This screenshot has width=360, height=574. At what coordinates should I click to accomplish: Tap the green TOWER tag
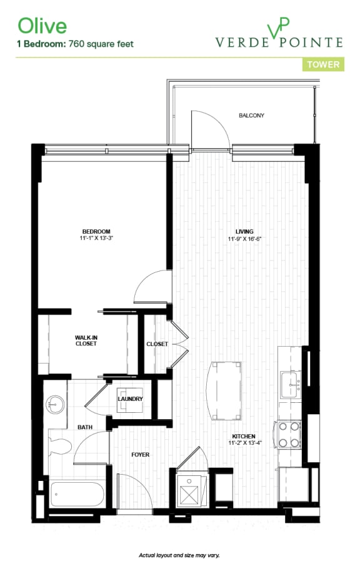pos(323,64)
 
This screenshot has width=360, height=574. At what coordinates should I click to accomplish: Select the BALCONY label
pos(251,116)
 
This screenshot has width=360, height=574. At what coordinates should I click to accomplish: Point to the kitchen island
pos(226,383)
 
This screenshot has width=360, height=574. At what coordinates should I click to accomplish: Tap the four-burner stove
pos(290,434)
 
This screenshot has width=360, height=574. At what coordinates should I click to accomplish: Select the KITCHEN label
pos(244,437)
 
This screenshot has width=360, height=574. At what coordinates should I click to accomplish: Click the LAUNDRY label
pos(131,399)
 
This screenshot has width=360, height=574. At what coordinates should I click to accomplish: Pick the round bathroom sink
pos(55,404)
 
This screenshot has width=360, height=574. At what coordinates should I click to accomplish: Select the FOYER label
pos(140,455)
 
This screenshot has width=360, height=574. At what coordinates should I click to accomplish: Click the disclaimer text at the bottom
pos(179,555)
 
